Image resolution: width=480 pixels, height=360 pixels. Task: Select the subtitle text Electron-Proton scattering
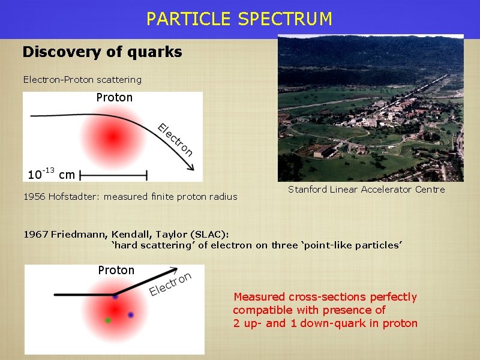[82, 79]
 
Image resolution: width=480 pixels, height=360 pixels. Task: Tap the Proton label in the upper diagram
[114, 97]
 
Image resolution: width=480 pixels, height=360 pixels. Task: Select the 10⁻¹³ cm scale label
[51, 175]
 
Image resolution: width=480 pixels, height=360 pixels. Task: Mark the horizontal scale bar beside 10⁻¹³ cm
[113, 175]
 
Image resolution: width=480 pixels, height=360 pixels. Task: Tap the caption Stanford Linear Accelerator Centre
[367, 190]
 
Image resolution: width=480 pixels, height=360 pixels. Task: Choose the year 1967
[35, 234]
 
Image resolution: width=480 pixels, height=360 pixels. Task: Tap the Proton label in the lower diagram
[116, 270]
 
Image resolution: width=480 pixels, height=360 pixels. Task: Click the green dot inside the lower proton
[108, 320]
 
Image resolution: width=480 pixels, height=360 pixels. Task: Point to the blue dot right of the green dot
[130, 315]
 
